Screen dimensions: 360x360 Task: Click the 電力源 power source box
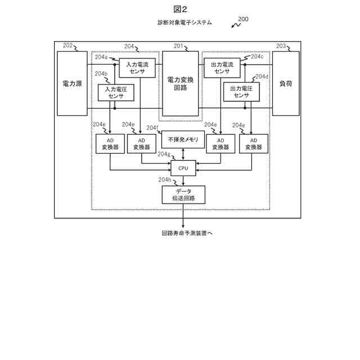72,83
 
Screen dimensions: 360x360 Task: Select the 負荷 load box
286,83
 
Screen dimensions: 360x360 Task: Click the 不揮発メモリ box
183,139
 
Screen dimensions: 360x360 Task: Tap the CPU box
183,168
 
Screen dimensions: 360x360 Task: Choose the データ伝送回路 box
183,195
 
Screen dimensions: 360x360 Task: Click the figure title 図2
180,9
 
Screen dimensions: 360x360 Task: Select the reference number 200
243,19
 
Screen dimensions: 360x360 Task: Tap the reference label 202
68,46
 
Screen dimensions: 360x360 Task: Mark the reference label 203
281,46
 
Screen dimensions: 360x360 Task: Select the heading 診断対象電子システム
185,22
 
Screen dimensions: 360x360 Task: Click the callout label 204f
152,127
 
